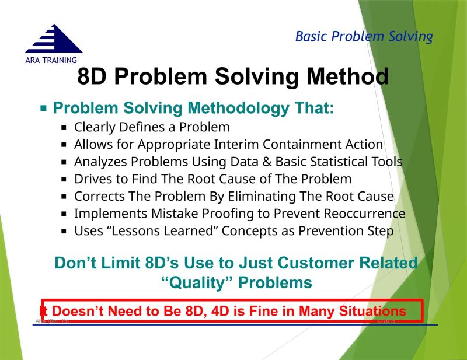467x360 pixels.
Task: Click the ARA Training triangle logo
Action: click(53, 40)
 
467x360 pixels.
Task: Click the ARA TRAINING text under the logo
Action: click(51, 60)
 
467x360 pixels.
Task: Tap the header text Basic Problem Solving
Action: click(364, 37)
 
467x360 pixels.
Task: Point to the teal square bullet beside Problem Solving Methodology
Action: click(43, 109)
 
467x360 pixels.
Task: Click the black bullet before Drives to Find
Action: click(65, 179)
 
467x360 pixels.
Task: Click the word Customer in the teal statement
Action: click(319, 263)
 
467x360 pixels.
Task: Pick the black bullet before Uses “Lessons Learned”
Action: click(65, 232)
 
